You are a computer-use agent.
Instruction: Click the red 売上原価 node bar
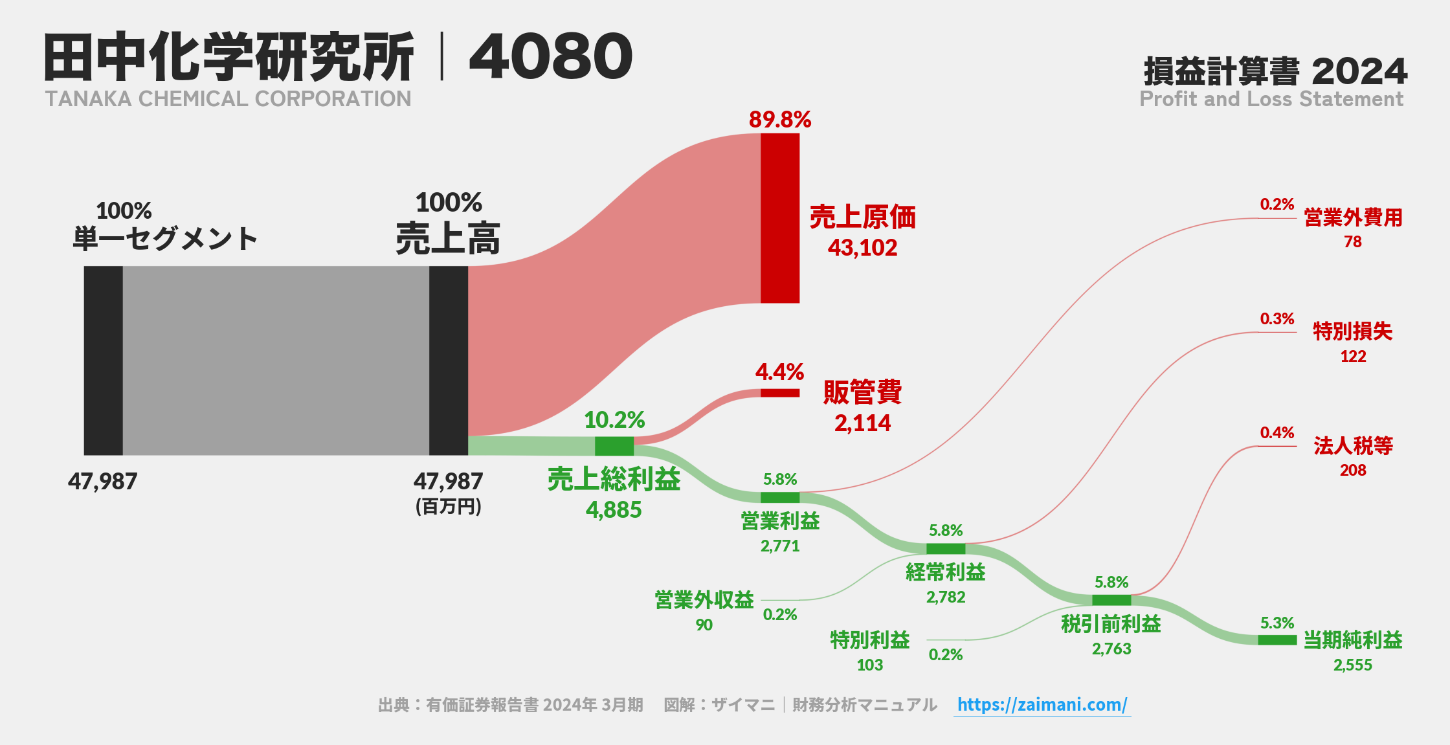pos(780,218)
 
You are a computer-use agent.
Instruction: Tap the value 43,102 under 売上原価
pos(862,248)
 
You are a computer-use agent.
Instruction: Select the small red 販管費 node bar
pos(780,393)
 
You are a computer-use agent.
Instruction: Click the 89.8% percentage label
pos(780,120)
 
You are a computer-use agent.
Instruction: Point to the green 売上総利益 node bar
pos(614,446)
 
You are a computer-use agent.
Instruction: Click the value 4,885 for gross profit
pos(614,510)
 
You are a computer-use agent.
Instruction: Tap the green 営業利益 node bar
pos(780,497)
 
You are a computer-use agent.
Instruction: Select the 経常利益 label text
pos(946,572)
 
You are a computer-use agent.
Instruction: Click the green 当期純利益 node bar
pos(1277,639)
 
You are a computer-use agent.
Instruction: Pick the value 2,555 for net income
pos(1352,665)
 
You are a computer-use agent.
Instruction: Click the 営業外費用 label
pos(1353,218)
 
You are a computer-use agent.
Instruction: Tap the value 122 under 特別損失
pos(1353,357)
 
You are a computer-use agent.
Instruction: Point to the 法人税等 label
pos(1353,446)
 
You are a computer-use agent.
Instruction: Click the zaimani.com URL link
pos(1042,704)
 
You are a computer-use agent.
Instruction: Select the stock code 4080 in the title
pos(550,57)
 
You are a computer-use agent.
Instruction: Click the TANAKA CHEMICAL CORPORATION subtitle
pos(228,99)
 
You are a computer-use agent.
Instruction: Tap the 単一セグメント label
pos(165,239)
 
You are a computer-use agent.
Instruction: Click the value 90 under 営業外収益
pos(704,625)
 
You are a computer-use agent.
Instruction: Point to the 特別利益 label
pos(870,640)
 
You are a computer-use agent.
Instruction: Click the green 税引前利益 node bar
pos(1111,600)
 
